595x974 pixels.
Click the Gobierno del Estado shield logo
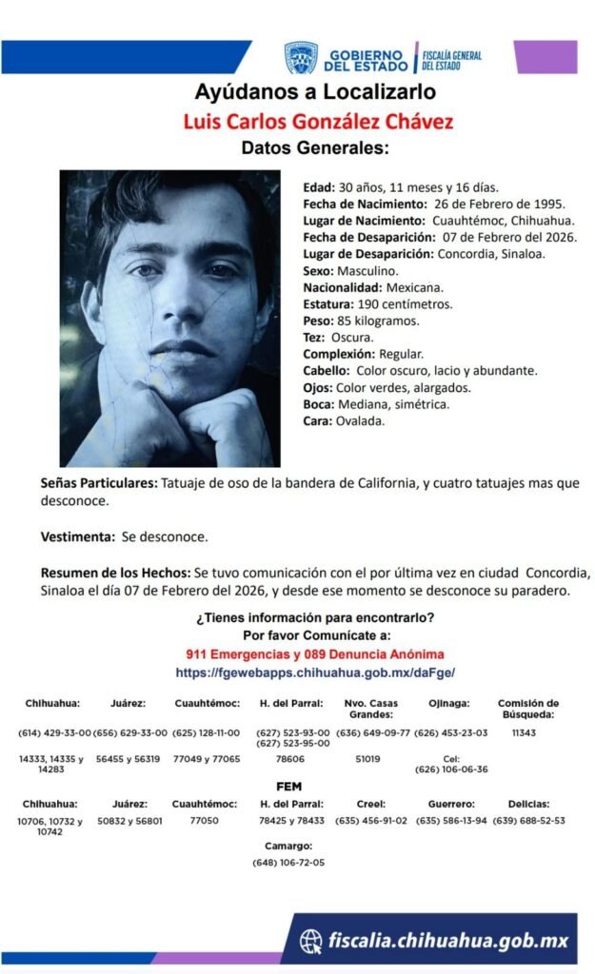coord(301,58)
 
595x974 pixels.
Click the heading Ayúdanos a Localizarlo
coord(315,92)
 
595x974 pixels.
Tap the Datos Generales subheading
coord(315,148)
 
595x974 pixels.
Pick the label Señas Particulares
coord(99,483)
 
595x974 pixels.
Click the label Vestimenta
coord(78,536)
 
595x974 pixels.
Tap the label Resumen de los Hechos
coord(115,574)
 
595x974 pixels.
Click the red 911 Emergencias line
coord(315,654)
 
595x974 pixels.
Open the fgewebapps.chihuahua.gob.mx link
coord(315,672)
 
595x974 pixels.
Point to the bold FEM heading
coord(288,787)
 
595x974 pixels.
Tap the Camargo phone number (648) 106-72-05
coord(288,863)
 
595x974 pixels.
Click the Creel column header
coord(370,804)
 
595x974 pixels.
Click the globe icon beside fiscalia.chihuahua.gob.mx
coord(310,941)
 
